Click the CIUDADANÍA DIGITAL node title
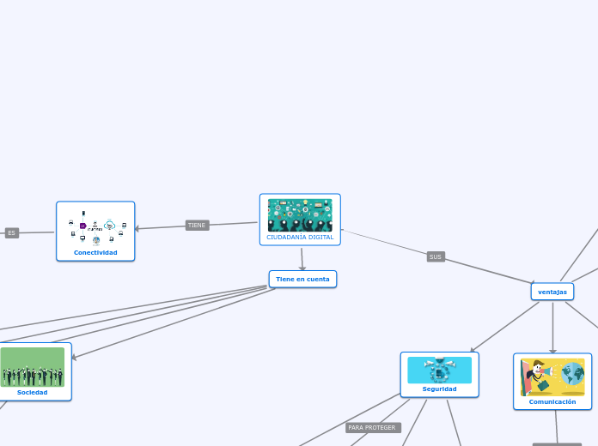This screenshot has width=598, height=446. [x=300, y=237]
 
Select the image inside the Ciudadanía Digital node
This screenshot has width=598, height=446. [x=300, y=215]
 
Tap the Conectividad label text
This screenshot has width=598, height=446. [x=95, y=252]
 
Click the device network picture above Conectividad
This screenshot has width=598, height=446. [x=96, y=229]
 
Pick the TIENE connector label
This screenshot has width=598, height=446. [x=197, y=226]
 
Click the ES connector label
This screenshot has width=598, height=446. [x=11, y=233]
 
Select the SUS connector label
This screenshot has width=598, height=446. [x=436, y=256]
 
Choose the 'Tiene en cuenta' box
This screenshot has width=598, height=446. [x=302, y=279]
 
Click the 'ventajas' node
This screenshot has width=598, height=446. [x=552, y=292]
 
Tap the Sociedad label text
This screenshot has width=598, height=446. [x=33, y=392]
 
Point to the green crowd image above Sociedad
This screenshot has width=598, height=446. [x=33, y=367]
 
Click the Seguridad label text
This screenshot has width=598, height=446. [x=439, y=389]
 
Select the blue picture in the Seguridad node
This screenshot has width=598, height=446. [x=439, y=371]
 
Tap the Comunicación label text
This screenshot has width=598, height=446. [x=552, y=401]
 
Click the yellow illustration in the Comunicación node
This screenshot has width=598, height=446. [x=552, y=377]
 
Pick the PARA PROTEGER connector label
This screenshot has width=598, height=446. [x=373, y=427]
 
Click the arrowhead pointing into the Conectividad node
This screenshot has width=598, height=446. [x=138, y=229]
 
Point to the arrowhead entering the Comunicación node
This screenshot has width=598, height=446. [x=552, y=350]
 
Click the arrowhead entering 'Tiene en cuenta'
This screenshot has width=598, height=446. [x=303, y=268]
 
